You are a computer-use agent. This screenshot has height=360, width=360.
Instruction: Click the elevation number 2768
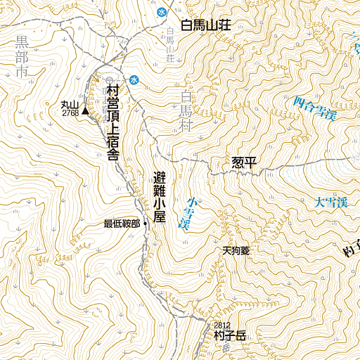coord(70,112)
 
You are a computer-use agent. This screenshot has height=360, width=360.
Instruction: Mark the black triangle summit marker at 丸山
coord(85,110)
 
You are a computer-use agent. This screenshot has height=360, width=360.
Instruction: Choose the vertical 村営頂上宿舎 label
coord(112,123)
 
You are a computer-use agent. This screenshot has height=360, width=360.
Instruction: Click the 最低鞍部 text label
coord(122,224)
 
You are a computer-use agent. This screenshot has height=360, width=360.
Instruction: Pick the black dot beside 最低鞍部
coord(145,224)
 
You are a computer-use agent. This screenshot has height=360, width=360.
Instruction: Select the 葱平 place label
coord(245,163)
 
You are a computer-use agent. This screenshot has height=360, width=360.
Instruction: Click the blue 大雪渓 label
coord(331,202)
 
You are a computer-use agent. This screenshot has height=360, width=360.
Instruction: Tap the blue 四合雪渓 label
coord(314,108)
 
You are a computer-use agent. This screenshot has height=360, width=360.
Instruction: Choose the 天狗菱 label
coord(236,250)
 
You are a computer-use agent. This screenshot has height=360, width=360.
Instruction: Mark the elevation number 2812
coord(222,325)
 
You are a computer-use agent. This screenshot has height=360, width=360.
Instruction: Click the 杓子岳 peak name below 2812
coord(231,336)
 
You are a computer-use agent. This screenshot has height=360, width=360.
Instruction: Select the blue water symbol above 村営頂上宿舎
coord(133,79)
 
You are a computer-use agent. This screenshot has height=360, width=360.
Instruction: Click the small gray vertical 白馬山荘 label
coord(170,44)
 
